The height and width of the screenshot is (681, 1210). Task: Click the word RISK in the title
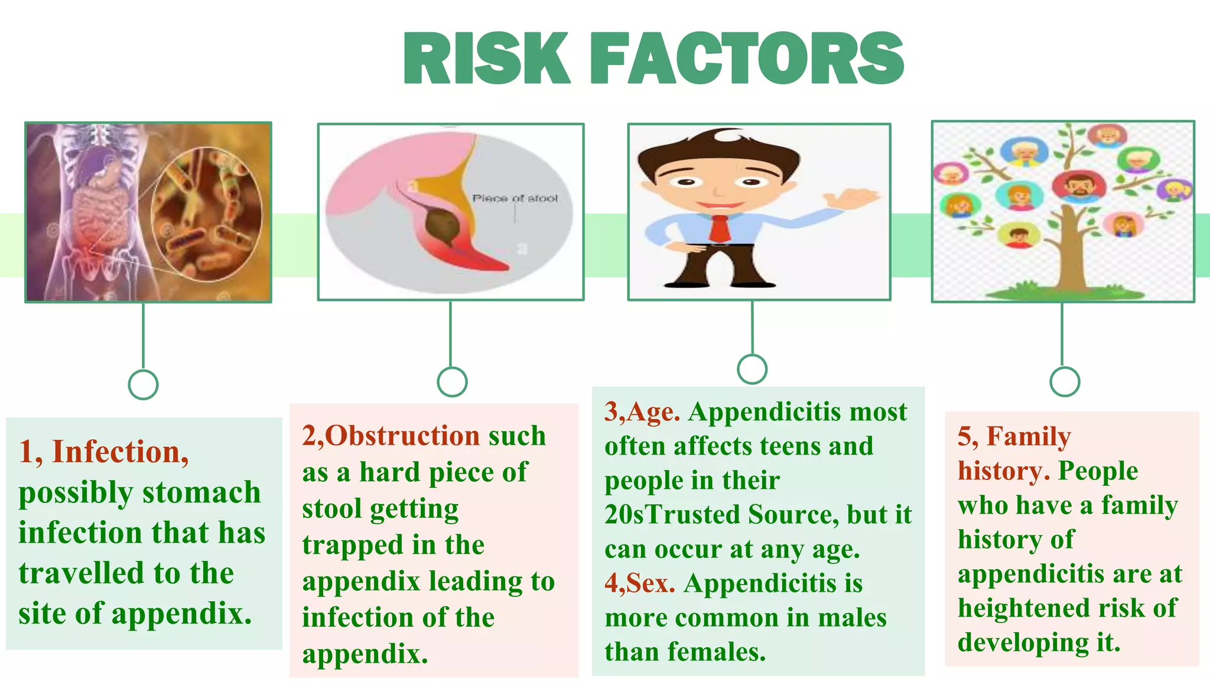click(486, 59)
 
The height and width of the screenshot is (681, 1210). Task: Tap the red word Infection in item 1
click(120, 452)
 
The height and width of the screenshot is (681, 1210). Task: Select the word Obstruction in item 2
click(402, 436)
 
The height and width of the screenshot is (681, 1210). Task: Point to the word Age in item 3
click(653, 412)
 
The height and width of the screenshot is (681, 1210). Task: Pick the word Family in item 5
click(1028, 437)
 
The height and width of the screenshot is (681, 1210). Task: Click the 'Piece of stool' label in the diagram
click(515, 199)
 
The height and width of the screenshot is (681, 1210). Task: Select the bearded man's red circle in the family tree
click(1079, 186)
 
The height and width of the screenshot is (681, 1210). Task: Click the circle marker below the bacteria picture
click(143, 385)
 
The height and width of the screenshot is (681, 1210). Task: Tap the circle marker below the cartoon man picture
click(752, 369)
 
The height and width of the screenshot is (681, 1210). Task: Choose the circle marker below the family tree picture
click(1065, 381)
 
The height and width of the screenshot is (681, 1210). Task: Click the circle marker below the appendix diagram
click(452, 381)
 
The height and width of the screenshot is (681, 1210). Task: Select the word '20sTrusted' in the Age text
click(672, 515)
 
